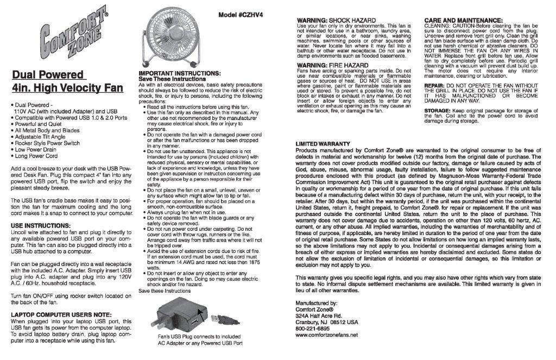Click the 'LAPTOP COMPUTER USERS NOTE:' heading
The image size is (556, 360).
coord(61,314)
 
